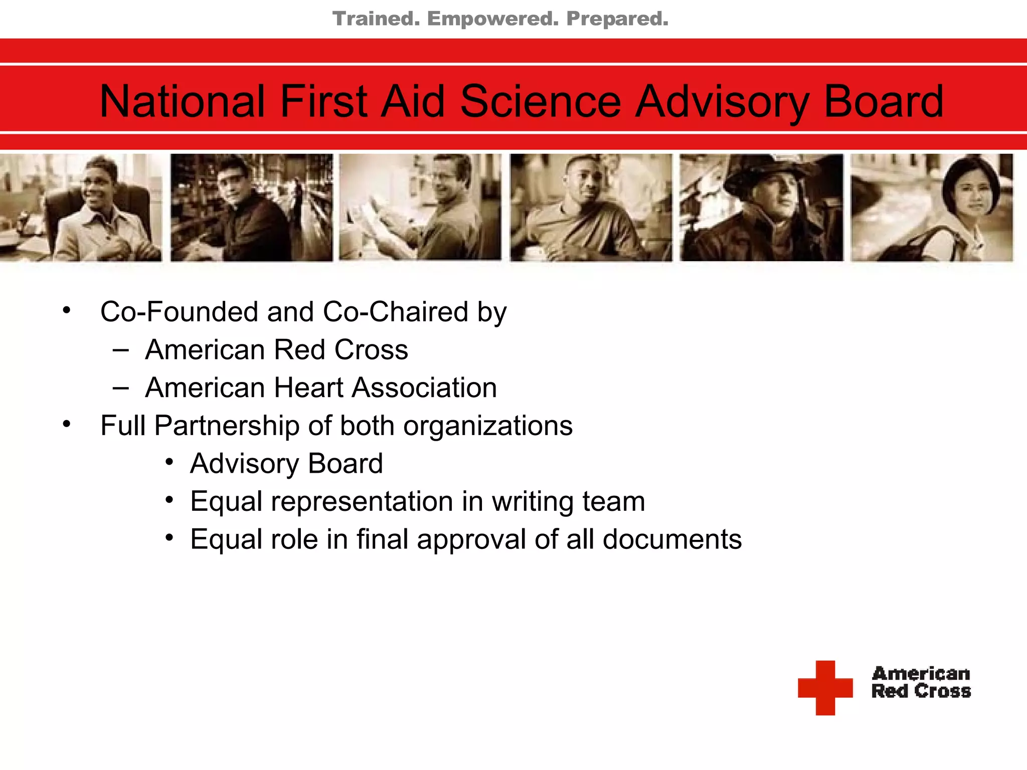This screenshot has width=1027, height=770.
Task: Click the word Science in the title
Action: tap(541, 102)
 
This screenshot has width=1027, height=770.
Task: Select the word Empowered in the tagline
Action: tap(492, 19)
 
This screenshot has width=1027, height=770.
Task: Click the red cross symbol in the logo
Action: tap(825, 687)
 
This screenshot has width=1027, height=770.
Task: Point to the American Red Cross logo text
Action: tap(921, 682)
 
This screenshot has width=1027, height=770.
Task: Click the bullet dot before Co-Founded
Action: tap(67, 311)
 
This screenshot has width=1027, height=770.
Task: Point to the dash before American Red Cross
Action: tap(121, 350)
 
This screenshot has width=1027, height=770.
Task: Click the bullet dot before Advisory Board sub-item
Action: tap(169, 462)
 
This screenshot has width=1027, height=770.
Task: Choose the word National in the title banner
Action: tap(182, 102)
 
